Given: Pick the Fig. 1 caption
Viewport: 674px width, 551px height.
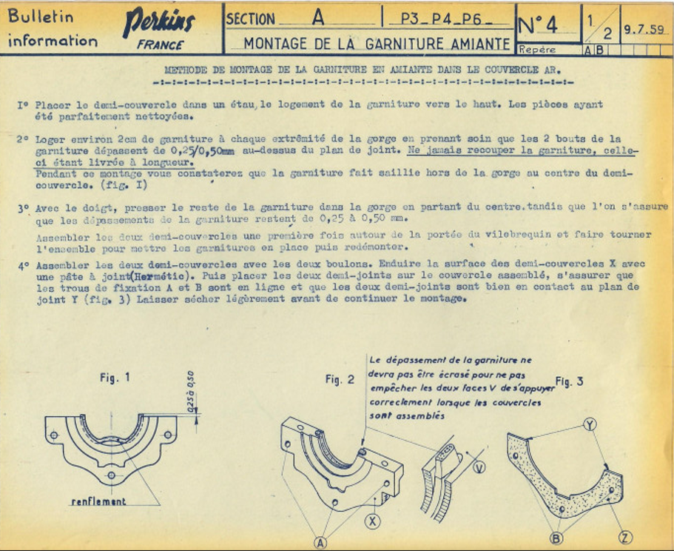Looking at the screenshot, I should (115, 377).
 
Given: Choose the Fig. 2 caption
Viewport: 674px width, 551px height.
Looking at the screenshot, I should (340, 379).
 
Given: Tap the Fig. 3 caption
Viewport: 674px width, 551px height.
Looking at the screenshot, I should (569, 381).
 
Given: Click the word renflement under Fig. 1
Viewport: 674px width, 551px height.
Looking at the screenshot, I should (98, 501).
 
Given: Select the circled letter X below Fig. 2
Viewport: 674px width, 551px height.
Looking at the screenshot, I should (373, 521).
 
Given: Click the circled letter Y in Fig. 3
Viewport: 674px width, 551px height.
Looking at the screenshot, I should (590, 424).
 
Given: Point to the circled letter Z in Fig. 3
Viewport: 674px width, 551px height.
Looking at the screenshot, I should (625, 536).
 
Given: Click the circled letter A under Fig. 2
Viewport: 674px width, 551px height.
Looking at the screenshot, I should (320, 543).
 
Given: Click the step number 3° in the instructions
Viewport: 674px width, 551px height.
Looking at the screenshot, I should (23, 209).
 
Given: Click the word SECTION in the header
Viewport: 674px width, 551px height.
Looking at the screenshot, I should (251, 19).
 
